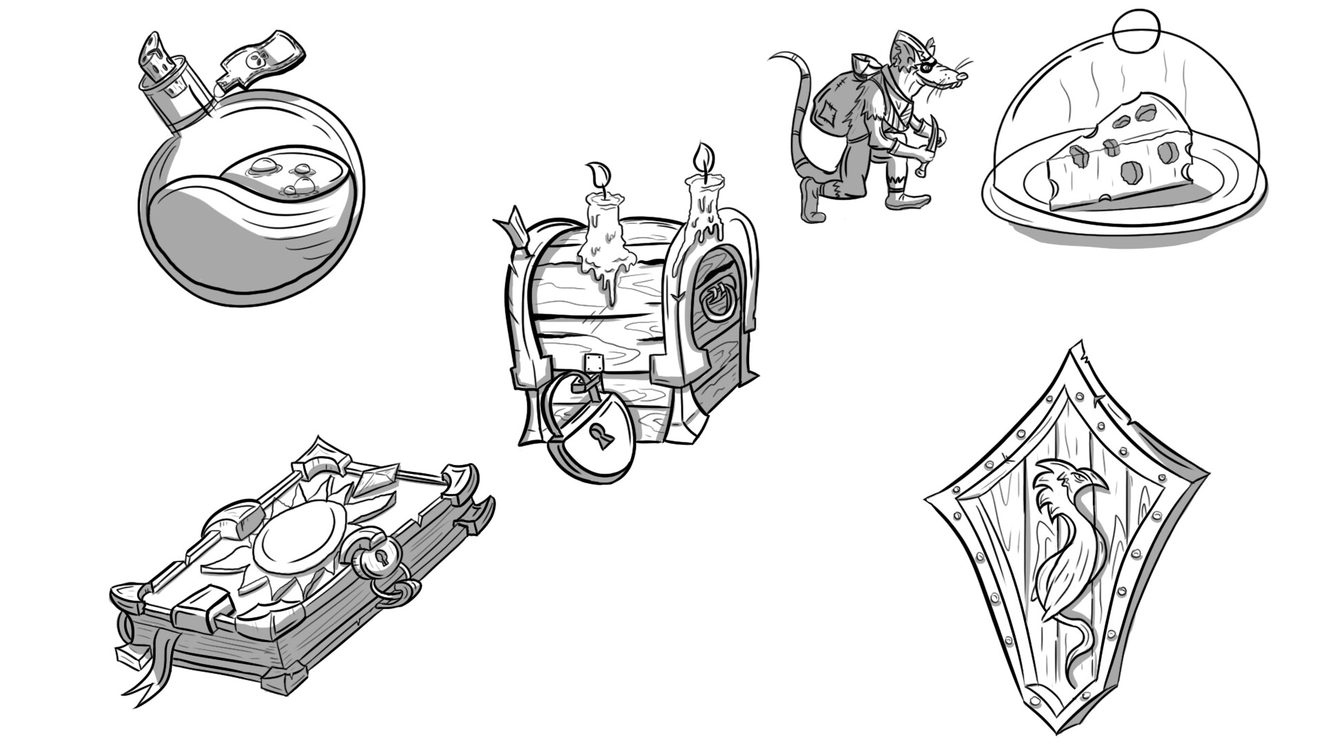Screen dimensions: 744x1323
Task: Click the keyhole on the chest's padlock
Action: pos(604,435)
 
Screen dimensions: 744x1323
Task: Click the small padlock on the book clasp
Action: pos(378,558)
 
